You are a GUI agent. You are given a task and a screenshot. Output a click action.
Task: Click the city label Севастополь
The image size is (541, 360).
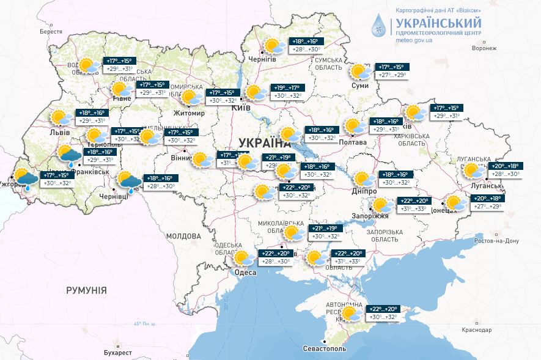click(325, 348)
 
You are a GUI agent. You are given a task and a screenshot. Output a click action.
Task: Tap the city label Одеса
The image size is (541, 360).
click(245, 273)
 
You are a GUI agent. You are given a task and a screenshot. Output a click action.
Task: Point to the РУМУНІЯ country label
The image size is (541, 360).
click(86, 290)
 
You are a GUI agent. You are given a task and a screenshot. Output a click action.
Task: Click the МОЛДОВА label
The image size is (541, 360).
click(183, 236)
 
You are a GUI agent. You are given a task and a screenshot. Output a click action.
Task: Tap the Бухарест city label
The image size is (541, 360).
click(118, 353)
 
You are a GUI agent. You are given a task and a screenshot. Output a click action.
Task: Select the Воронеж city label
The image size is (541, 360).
click(484, 48)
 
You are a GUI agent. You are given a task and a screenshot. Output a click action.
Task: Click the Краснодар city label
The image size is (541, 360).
click(477, 330)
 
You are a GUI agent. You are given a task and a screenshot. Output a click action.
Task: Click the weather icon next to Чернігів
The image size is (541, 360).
click(274, 46)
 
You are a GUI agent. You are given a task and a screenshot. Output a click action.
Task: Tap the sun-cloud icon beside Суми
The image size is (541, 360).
click(360, 72)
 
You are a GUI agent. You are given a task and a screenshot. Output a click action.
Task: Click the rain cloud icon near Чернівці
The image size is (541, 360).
click(129, 181)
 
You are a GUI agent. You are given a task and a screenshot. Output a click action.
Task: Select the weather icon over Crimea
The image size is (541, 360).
click(351, 314)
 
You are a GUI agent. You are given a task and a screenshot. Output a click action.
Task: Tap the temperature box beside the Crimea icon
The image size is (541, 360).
click(384, 313)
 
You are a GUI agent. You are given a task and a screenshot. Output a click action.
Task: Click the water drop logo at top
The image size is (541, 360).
click(379, 25)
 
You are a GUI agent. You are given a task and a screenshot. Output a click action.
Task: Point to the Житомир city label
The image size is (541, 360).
click(188, 113)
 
